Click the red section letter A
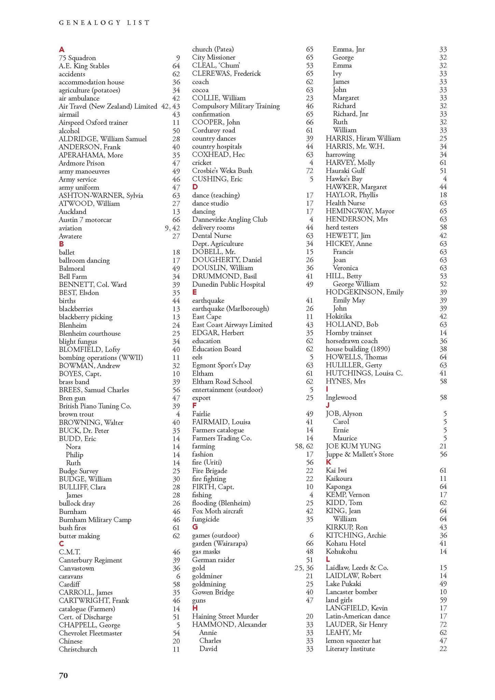[x=61, y=50]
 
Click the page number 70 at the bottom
[x=64, y=675]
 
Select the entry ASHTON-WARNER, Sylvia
[x=101, y=196]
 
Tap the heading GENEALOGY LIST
[x=104, y=23]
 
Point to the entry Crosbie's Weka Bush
[x=222, y=171]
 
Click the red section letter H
[x=195, y=608]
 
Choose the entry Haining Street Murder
[x=225, y=616]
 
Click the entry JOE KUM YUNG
[x=353, y=446]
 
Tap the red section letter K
[x=329, y=462]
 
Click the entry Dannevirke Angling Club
[x=230, y=219]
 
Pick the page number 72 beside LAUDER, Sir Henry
[x=443, y=624]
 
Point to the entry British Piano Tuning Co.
[x=95, y=406]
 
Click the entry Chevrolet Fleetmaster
[x=90, y=633]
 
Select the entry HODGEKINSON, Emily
[x=365, y=292]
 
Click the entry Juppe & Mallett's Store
[x=359, y=454]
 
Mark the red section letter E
[x=195, y=292]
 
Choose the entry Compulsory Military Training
[x=236, y=106]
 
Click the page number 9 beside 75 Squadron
[x=178, y=58]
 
